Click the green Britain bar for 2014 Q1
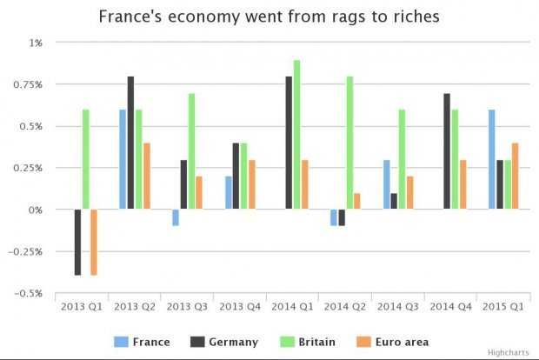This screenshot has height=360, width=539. tap(297, 135)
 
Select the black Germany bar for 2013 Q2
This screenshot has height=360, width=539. tap(131, 143)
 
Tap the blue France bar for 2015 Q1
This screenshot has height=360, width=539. tap(492, 159)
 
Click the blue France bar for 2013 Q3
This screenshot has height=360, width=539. tap(175, 217)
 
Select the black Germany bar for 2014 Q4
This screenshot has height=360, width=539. tap(447, 151)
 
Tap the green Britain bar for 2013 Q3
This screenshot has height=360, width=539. tap(191, 151)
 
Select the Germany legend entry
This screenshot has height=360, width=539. tap(223, 342)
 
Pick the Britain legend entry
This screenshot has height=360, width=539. tap(309, 342)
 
